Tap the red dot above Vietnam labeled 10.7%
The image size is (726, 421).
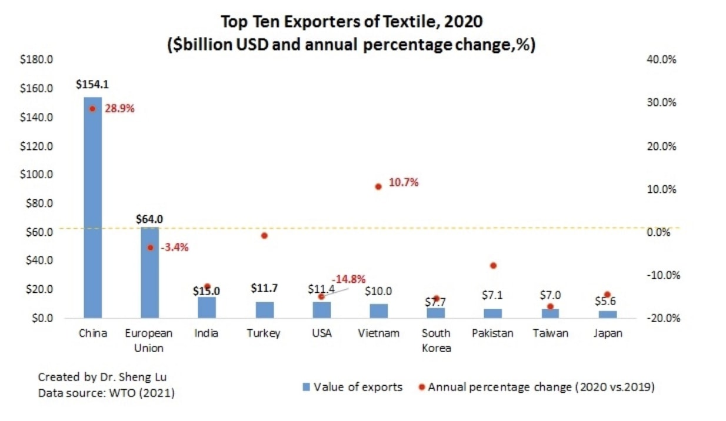(378, 186)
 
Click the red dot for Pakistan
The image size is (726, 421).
(493, 266)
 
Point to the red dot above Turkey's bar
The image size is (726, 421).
(264, 236)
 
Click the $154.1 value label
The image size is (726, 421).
(92, 85)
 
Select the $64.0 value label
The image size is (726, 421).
(149, 219)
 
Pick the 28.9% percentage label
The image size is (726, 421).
(119, 109)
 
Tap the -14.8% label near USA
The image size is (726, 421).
(348, 279)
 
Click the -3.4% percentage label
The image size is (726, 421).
(174, 248)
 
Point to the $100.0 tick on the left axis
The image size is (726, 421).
(36, 175)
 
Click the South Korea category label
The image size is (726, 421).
(436, 340)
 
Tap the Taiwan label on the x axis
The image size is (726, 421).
(550, 333)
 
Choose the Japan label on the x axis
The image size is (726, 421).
(607, 333)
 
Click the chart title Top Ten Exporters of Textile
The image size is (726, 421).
(351, 22)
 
